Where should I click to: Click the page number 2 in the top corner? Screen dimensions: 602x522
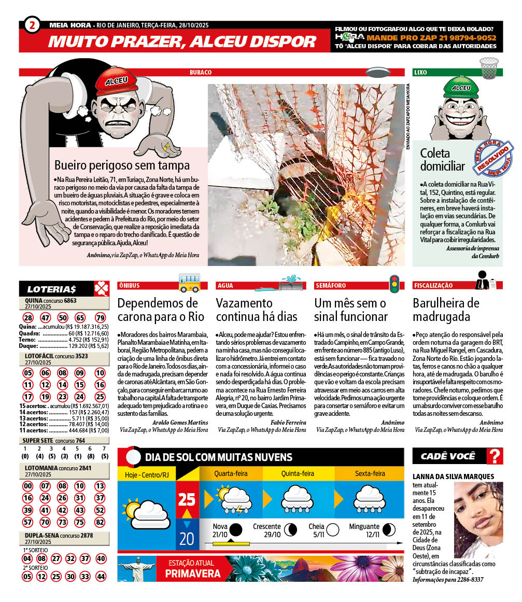(x=32, y=24)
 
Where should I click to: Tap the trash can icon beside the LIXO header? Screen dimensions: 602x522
(x=488, y=68)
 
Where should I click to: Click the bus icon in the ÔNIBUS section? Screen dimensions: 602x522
(x=189, y=283)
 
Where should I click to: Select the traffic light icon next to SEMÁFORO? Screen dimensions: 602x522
(x=394, y=283)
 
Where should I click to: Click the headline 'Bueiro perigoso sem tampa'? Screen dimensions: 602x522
(x=122, y=165)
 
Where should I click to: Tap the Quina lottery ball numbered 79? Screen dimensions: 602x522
(x=100, y=318)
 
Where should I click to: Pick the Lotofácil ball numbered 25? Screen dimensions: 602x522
(x=100, y=397)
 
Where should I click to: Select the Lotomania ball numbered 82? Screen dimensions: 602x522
(x=100, y=521)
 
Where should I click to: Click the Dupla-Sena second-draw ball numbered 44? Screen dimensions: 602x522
(x=101, y=576)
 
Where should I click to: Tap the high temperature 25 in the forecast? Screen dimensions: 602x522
(x=187, y=499)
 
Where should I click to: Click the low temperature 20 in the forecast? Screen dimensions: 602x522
(x=187, y=538)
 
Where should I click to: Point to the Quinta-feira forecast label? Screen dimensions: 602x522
(x=298, y=473)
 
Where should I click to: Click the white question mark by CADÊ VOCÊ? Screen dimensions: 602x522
(x=496, y=456)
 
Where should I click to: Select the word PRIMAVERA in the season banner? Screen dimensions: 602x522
(x=193, y=574)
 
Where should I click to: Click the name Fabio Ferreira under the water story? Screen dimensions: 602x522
(x=288, y=423)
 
